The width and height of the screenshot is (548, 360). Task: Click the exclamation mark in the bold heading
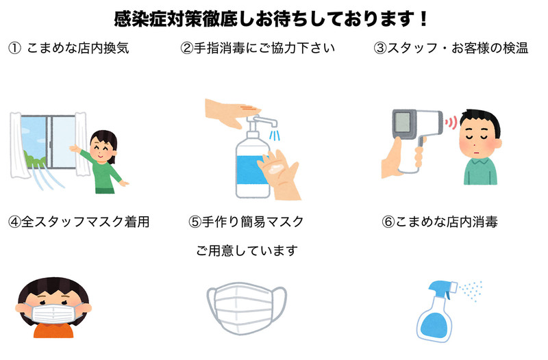(x=423, y=19)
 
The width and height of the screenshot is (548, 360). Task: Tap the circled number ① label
(x=14, y=48)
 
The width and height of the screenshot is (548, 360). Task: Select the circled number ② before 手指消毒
(x=187, y=48)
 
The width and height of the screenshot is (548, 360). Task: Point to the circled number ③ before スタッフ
(x=380, y=48)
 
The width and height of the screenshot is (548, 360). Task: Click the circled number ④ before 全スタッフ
(x=14, y=222)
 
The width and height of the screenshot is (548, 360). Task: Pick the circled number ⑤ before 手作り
(x=195, y=222)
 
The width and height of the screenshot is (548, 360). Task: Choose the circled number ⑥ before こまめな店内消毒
(x=388, y=222)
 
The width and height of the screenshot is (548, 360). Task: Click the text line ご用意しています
(x=247, y=250)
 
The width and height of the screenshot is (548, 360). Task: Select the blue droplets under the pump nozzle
(x=275, y=135)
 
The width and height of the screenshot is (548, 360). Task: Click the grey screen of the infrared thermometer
(x=402, y=123)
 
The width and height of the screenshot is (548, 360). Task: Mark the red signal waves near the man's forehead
(x=451, y=123)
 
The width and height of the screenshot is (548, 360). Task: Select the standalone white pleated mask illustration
(x=247, y=307)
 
